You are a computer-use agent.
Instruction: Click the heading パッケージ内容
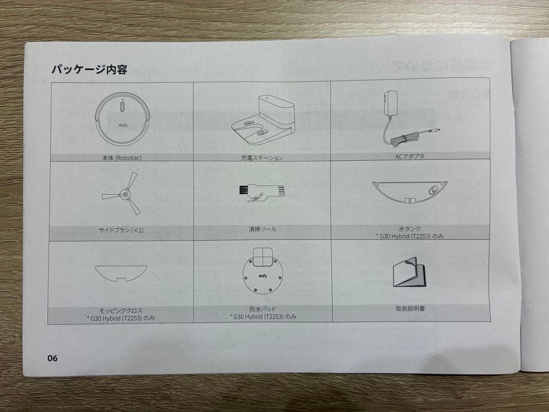89,70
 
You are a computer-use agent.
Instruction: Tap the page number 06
52,358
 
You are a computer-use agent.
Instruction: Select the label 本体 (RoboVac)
121,158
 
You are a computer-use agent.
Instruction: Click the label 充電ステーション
262,158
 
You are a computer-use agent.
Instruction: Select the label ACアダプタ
409,156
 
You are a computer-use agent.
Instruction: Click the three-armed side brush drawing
123,194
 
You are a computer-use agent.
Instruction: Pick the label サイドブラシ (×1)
121,230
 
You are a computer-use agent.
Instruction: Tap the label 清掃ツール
263,229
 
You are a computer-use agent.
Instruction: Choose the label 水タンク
410,229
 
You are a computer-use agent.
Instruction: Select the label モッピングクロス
121,310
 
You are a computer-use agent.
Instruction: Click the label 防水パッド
263,308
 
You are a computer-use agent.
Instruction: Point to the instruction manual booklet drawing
410,273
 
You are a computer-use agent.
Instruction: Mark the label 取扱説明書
410,308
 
